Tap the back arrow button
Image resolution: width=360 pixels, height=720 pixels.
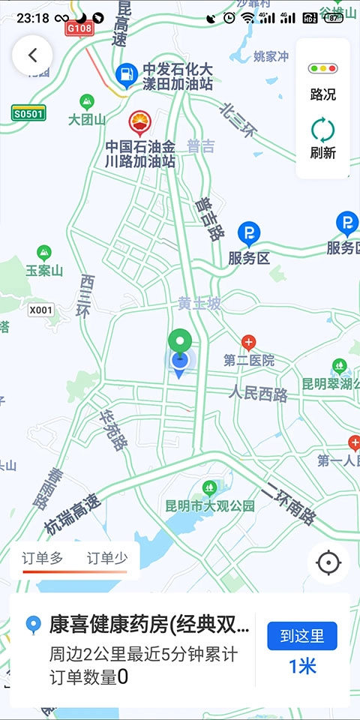(x=32, y=55)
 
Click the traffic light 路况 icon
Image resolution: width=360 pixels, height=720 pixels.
(x=323, y=69)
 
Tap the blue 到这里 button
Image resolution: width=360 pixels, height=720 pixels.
(x=302, y=636)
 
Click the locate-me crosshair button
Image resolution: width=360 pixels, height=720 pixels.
(x=328, y=562)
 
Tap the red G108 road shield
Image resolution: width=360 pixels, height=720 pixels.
(x=79, y=28)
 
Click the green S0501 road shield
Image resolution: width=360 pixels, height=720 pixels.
(x=28, y=113)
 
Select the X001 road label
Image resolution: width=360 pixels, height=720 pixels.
(x=41, y=309)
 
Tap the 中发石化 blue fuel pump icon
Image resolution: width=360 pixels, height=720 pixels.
(x=127, y=73)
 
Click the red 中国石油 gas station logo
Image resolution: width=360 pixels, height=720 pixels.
(x=139, y=121)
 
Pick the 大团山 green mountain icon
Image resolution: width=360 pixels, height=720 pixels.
(x=87, y=101)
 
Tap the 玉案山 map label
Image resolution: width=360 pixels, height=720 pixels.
(x=44, y=270)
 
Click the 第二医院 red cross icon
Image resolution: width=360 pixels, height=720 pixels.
(x=248, y=343)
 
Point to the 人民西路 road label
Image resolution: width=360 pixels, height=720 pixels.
(x=259, y=393)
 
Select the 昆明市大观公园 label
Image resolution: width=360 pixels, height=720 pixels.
(x=211, y=505)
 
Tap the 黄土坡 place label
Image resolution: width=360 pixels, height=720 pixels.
(x=199, y=303)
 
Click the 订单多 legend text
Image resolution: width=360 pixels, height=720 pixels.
(x=43, y=557)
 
